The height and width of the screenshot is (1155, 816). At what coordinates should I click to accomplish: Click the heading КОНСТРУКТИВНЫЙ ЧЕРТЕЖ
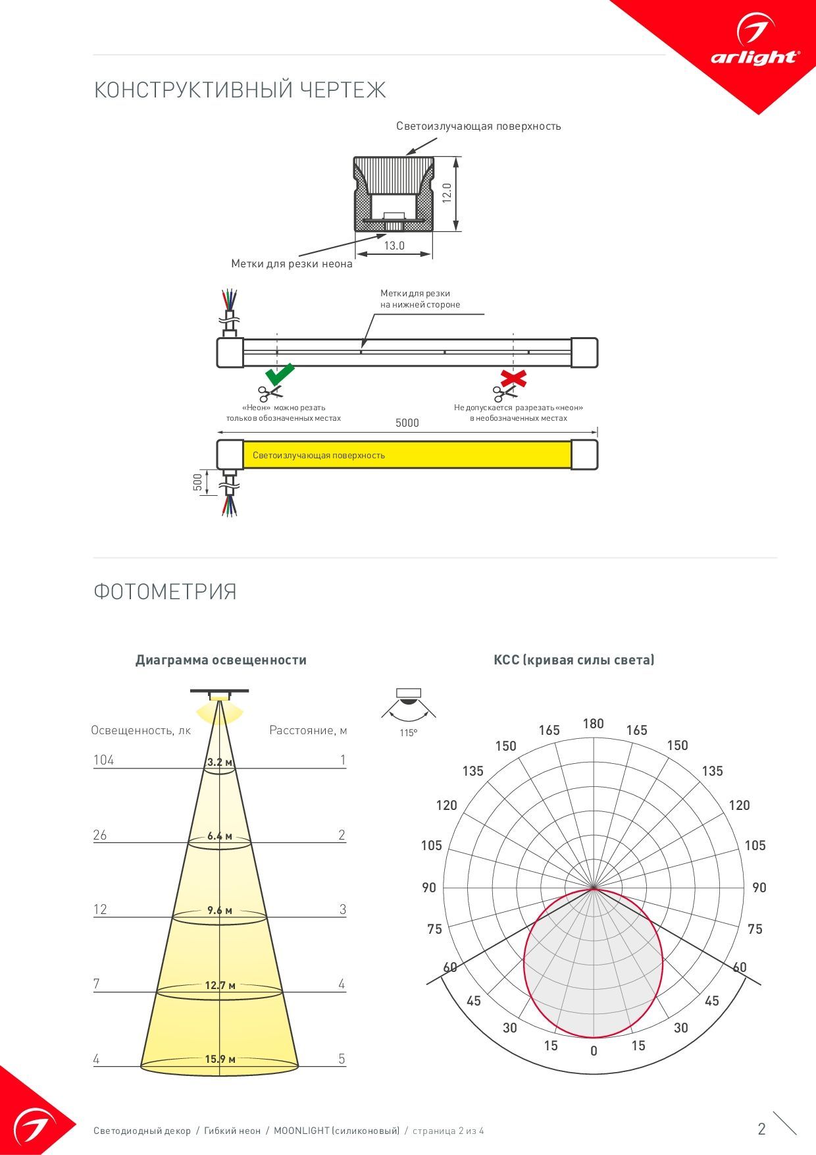(240, 90)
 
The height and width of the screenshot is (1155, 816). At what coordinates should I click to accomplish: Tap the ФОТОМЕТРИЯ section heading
(165, 591)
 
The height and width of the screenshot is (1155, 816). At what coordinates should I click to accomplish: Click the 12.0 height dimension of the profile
(447, 193)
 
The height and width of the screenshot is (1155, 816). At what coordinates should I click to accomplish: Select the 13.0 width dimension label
(394, 246)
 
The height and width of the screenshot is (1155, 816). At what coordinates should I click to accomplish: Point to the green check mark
(280, 374)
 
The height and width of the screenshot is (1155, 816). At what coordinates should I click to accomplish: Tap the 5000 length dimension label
(407, 423)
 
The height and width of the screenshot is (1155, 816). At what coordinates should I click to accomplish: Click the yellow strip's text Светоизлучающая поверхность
(319, 455)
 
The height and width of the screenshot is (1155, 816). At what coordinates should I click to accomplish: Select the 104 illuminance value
(103, 760)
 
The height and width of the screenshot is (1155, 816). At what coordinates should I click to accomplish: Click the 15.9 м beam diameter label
(220, 1059)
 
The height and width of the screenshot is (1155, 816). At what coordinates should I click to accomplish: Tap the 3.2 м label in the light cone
(220, 763)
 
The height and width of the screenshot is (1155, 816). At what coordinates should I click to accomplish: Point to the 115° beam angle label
(408, 733)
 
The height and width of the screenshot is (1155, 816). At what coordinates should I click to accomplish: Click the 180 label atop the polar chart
(594, 724)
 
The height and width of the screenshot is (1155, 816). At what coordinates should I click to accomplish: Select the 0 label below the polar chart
(594, 1051)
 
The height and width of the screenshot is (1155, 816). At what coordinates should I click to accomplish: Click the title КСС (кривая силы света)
(574, 660)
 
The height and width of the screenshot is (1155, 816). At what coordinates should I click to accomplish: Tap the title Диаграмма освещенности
(221, 660)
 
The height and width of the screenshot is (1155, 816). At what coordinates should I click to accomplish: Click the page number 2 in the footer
(762, 1129)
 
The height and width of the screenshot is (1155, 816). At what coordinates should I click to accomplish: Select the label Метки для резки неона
(292, 264)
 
